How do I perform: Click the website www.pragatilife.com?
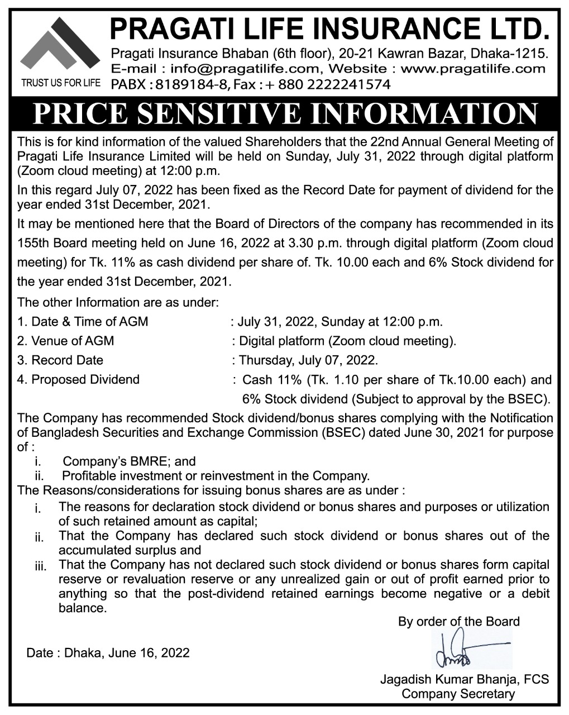[x=473, y=69]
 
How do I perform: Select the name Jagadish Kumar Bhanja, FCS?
[x=464, y=680]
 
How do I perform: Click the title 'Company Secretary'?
[x=458, y=694]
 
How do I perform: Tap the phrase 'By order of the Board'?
[x=458, y=621]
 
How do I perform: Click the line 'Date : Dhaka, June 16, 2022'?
[x=108, y=652]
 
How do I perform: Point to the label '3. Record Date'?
[x=60, y=360]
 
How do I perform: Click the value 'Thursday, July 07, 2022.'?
[x=308, y=360]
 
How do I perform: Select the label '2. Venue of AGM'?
[x=66, y=341]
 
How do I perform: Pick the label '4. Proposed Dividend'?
[x=78, y=380]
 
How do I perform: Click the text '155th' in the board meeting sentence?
[x=34, y=244]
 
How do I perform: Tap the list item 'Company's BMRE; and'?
[x=129, y=461]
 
